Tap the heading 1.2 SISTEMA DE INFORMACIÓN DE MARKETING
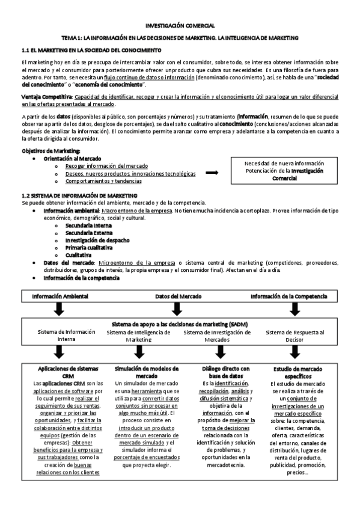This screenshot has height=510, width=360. point(79,196)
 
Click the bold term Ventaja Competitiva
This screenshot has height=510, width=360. point(47,97)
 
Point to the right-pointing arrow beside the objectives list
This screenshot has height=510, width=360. point(212,173)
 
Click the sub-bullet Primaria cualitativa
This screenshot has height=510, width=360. point(89,247)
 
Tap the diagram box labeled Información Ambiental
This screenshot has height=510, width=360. point(60,296)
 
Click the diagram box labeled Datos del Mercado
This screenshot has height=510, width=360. point(178,296)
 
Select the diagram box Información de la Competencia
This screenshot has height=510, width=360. point(289,296)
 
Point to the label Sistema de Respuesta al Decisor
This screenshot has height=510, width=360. point(294,336)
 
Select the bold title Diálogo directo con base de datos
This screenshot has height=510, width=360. point(226,372)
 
